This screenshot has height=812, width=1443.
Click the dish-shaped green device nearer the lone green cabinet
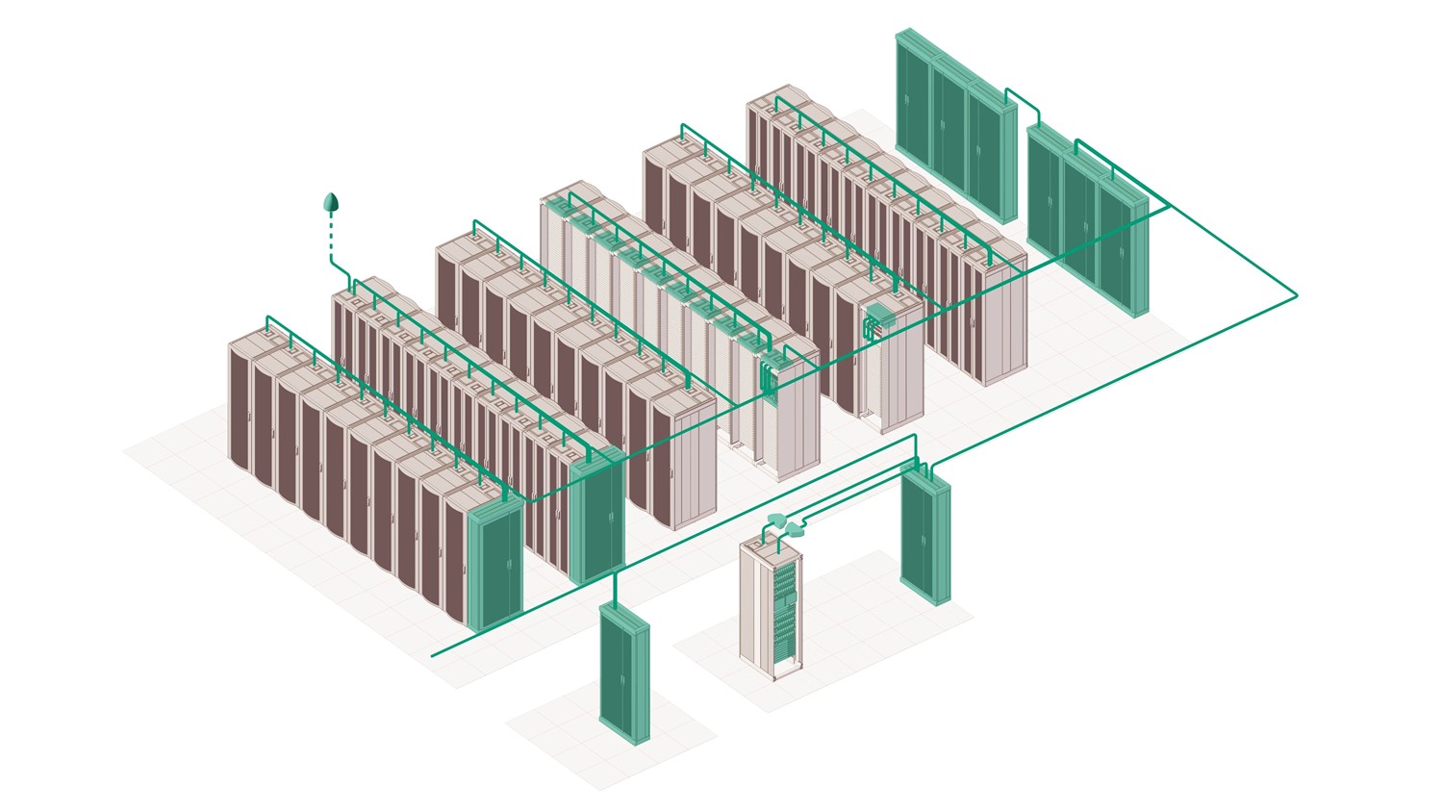click(x=797, y=527)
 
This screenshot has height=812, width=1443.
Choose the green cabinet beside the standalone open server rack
click(x=925, y=539)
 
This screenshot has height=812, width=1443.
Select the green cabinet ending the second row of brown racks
click(x=596, y=520)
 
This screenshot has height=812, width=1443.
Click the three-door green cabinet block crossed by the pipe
click(x=1087, y=226)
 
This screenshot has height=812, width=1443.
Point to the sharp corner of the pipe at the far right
click(x=1296, y=294)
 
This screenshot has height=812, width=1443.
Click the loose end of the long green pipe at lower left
click(x=432, y=655)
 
